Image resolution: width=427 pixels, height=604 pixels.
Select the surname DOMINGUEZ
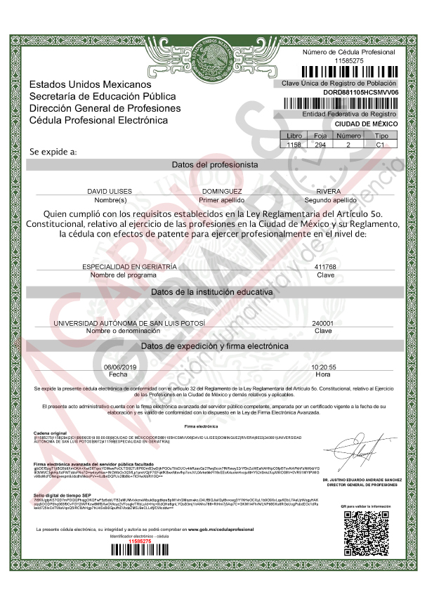point(221,191)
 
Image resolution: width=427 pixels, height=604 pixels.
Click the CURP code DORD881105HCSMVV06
point(360,92)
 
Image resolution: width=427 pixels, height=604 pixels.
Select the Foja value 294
point(320,144)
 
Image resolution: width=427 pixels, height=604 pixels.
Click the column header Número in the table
point(349,136)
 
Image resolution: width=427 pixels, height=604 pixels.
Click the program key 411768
point(325,267)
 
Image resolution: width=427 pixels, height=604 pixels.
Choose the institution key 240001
point(322,323)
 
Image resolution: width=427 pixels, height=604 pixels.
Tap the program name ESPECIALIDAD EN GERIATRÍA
point(129,267)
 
